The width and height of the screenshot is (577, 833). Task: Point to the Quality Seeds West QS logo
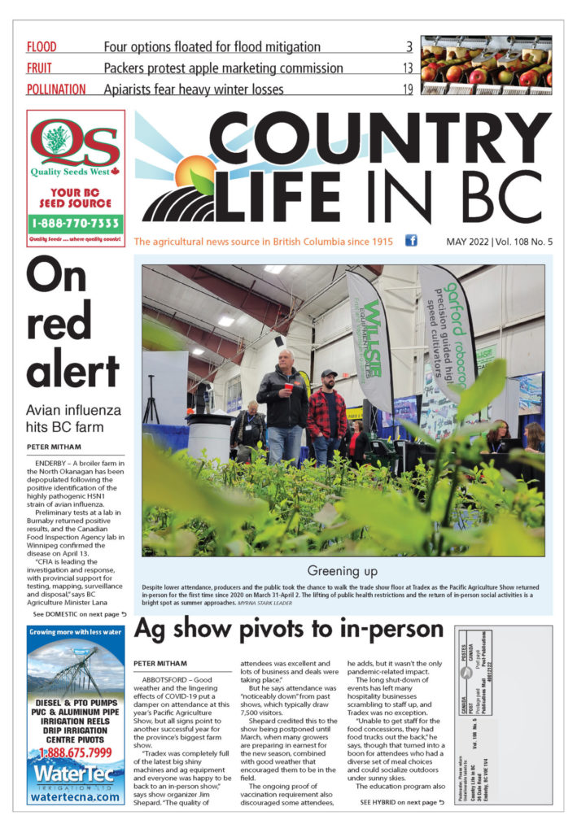75,146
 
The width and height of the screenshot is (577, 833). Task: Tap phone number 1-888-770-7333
76,222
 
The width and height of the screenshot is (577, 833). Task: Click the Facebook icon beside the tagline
411,241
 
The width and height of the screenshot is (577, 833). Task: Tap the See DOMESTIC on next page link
74,614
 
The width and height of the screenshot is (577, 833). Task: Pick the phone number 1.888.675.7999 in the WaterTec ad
76,753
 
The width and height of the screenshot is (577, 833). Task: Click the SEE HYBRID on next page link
402,801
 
